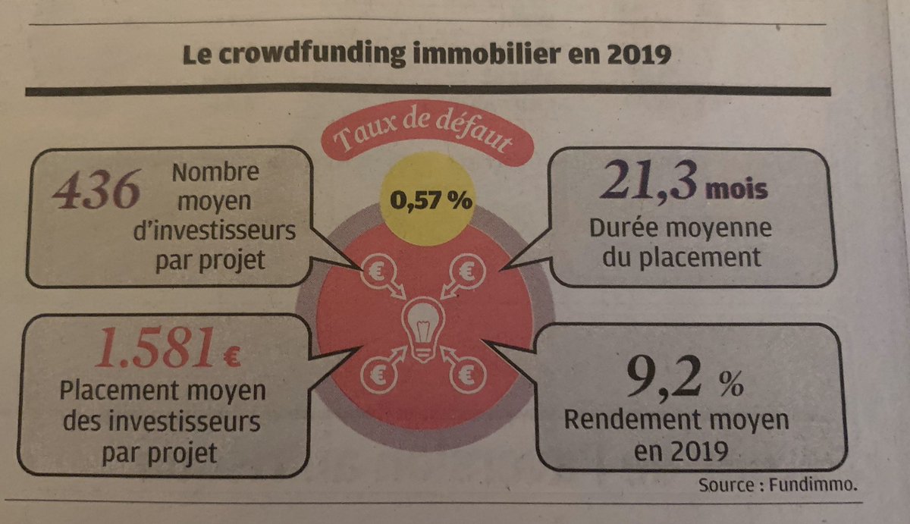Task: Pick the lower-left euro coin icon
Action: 378,372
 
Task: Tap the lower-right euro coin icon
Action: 470,372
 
